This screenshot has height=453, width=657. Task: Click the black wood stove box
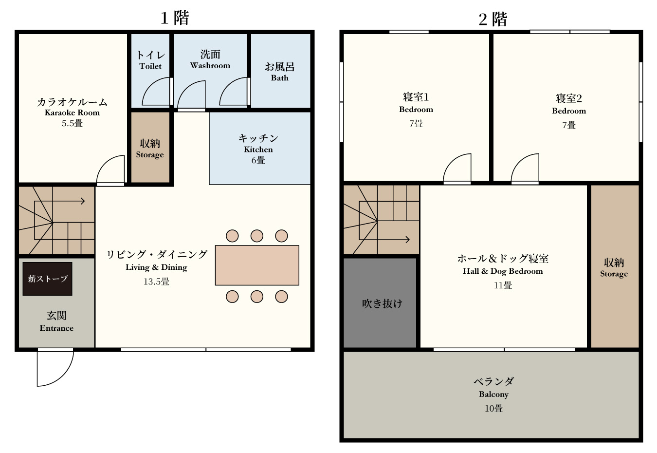pos(47,279)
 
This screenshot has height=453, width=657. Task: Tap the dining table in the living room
pos(257,265)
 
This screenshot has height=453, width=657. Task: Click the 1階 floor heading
pos(175,18)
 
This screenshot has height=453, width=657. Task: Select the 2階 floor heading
pos(493,19)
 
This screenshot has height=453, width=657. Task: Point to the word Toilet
pos(150,66)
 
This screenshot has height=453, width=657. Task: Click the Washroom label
pos(210,65)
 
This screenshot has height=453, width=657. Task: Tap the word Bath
pos(279,78)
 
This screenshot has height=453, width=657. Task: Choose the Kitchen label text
pos(258,150)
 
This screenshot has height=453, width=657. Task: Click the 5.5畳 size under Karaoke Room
pos(72,123)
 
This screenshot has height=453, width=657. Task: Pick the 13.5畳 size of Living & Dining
pos(156,282)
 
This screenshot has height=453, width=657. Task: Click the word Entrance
pos(56,328)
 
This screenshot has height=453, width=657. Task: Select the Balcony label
pos(493,394)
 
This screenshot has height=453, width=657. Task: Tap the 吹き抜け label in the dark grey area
pos(382,303)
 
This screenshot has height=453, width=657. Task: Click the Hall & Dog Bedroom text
pos(503,271)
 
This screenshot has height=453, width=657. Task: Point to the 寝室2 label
pos(569,98)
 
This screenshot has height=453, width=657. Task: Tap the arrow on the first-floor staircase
pos(59,201)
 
